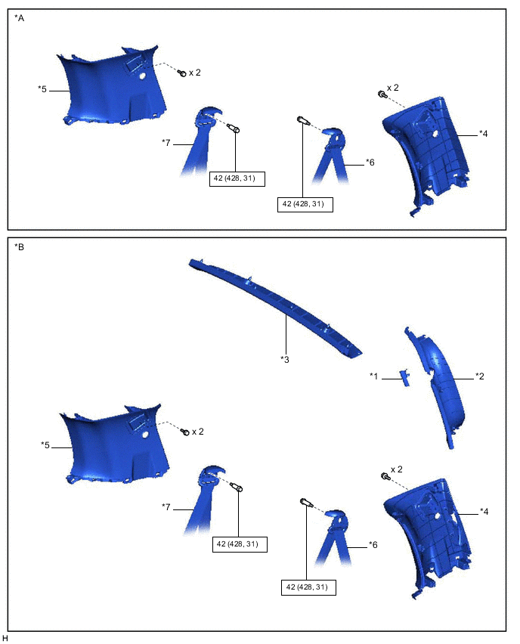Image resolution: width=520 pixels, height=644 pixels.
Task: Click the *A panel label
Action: pos(20,18)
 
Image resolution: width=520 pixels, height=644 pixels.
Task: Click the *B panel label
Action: pos(20,247)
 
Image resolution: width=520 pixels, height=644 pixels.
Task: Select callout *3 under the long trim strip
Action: pos(285,359)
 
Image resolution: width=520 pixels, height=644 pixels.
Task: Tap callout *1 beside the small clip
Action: pos(374,376)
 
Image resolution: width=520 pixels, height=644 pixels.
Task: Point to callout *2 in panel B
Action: pos(480,376)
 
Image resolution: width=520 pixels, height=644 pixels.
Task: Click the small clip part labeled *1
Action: pos(405,377)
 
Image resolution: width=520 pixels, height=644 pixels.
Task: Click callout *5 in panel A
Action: pos(42,88)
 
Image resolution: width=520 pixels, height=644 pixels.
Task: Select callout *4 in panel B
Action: pos(484,511)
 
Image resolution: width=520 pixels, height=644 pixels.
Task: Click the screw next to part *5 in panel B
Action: pos(185,432)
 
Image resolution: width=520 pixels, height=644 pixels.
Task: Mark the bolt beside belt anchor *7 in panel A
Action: pos(234,128)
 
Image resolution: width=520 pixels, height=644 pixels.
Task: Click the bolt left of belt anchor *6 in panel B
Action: pos(307,503)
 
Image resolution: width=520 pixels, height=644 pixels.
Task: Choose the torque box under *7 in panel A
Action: pos(237,178)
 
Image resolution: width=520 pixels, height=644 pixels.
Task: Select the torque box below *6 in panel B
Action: pos(308,587)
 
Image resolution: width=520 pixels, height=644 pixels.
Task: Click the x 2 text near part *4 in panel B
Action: pos(397,469)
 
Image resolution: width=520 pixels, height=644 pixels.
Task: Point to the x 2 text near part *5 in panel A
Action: pos(195,73)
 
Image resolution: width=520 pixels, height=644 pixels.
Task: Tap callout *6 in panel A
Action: pos(370,163)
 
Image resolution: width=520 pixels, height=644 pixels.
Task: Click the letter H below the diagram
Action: pos(5,638)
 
